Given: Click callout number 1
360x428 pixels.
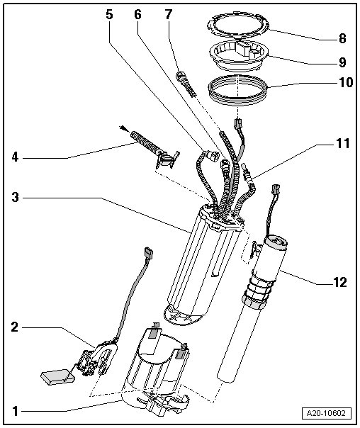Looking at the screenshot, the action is coord(16,412).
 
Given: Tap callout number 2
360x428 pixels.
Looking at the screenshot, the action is coord(15,327).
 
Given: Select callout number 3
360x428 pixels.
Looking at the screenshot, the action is coord(16,197).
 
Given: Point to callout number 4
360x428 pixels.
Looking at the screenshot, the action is coord(15,157).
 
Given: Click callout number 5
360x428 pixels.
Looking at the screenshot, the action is coord(109,14).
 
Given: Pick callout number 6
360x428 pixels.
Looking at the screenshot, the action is coord(137,14).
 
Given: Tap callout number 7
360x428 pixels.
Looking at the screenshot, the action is coord(169,14).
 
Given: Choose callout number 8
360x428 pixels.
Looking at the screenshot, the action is coord(342,38).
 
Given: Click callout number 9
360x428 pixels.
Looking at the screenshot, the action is coord(342,62).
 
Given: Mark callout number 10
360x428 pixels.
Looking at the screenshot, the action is coord(346,82).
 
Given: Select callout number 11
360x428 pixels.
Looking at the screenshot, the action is coord(342,143).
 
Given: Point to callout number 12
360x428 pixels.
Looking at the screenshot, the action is coord(340,282).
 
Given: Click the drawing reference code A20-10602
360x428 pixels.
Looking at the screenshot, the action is coord(326,413).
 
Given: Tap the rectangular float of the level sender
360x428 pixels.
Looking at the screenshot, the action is coord(57,377).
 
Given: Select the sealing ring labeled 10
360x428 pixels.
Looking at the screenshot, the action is coord(237,89).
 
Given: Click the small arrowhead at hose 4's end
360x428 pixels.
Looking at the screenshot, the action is coord(123,128).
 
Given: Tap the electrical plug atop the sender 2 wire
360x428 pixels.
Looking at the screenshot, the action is coord(149,253).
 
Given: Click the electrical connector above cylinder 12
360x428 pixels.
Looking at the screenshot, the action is coord(276,189).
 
